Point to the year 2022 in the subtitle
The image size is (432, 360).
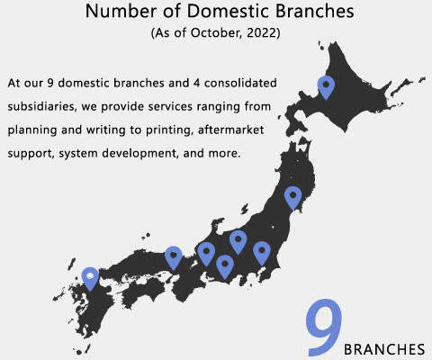tap(261, 32)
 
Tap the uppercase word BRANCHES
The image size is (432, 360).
tap(384, 349)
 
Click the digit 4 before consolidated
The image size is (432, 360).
tap(196, 83)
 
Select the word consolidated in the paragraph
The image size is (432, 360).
tap(240, 83)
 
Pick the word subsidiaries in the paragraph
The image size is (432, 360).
tap(41, 106)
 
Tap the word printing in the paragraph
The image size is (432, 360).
tap(169, 130)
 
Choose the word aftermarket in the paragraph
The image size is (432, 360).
tap(230, 130)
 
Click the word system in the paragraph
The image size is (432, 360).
tap(77, 154)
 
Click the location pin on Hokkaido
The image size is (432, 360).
tap(326, 87)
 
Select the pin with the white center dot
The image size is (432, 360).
tap(90, 279)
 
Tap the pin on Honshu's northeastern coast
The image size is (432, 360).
tap(293, 198)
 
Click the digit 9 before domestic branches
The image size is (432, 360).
tap(50, 83)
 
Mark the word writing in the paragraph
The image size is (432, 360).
tap(105, 130)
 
